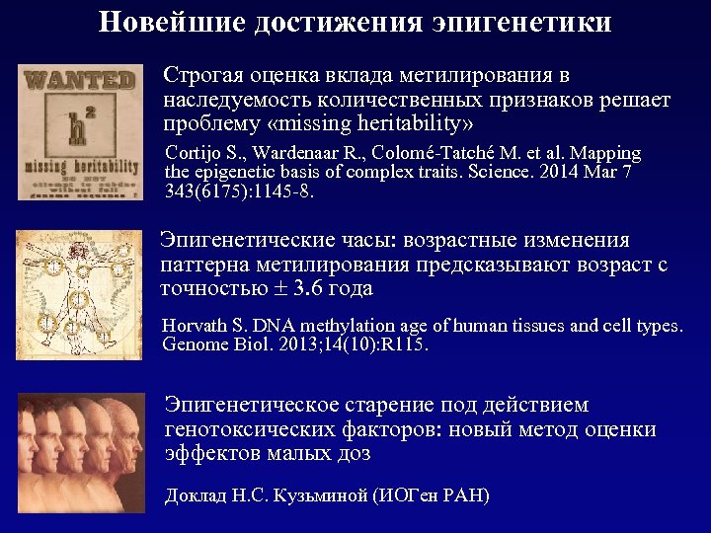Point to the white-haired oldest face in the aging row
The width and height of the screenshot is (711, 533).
point(128,439)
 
